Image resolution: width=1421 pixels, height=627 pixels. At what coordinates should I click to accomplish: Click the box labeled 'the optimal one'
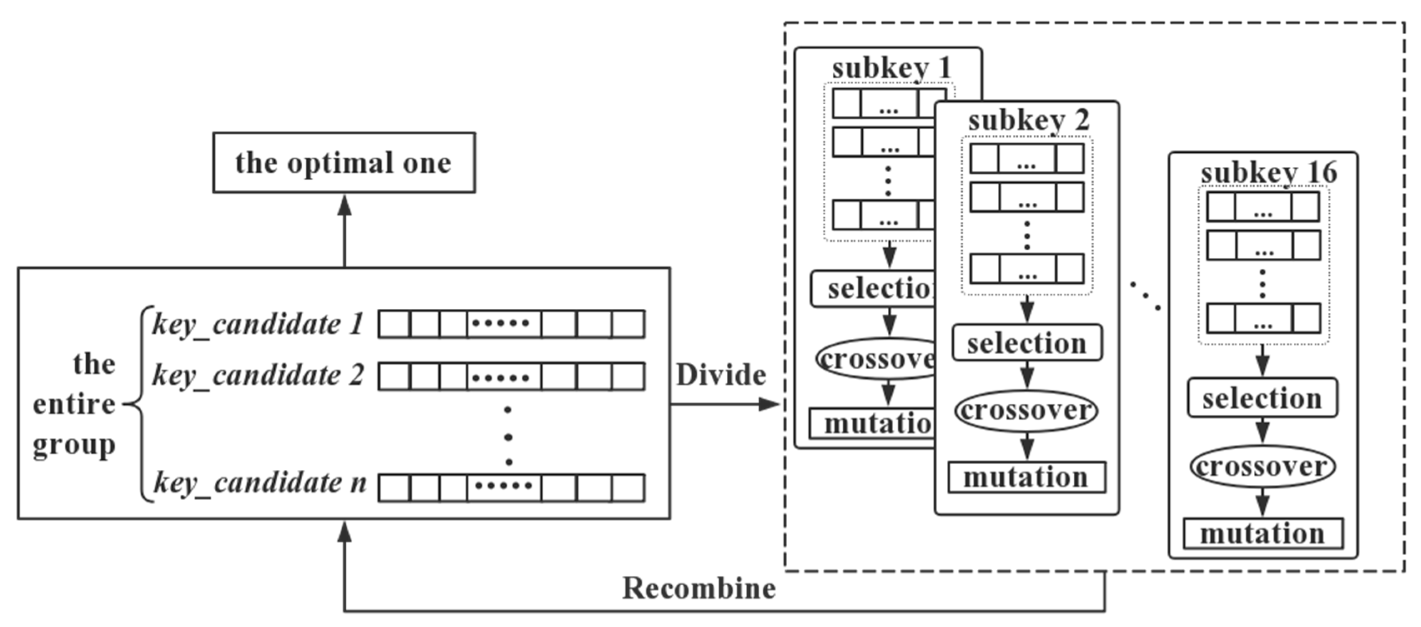tap(344, 162)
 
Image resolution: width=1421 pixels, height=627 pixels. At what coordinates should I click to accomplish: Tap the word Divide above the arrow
tap(721, 375)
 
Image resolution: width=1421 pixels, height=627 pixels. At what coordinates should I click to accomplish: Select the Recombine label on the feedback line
tap(699, 588)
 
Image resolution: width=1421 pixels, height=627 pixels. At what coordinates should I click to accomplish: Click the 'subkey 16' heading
tap(1269, 172)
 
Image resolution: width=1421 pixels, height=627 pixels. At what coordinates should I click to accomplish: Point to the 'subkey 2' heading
tap(1028, 120)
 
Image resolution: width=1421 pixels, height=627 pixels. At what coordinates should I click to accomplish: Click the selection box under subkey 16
tap(1262, 398)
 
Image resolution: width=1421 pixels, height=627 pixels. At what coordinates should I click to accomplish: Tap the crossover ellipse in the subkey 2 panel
tap(1026, 410)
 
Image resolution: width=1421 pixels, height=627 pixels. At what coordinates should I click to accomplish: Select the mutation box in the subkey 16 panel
tap(1263, 534)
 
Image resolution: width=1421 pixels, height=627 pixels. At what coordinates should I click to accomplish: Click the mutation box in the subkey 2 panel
tap(1027, 477)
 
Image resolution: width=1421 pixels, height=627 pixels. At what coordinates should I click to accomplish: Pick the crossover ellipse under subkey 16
tap(1262, 467)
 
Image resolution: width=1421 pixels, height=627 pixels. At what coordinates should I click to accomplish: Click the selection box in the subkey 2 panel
tap(1027, 343)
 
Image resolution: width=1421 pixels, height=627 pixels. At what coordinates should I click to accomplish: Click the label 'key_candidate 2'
tap(258, 376)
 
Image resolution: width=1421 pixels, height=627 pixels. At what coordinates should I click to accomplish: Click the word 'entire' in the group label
tap(74, 405)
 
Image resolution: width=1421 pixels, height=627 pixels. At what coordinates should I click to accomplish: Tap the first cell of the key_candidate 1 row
tap(394, 324)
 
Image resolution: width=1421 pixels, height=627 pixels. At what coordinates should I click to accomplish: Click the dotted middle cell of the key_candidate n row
tap(504, 487)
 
